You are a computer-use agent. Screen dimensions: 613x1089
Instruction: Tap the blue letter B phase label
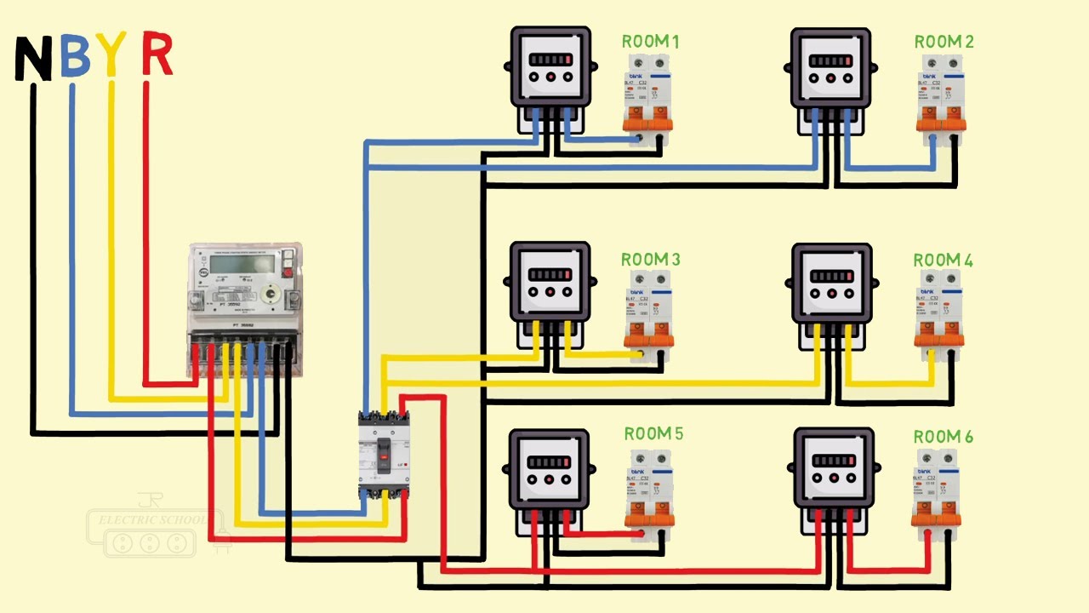click(76, 56)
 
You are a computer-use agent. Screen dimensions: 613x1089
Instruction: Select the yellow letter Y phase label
click(111, 54)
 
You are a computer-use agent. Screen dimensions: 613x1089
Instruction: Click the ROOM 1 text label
click(651, 42)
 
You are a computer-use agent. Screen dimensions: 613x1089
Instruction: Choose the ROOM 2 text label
click(944, 42)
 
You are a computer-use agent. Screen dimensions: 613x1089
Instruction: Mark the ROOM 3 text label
click(651, 259)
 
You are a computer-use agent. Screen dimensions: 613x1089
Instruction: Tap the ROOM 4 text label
click(944, 260)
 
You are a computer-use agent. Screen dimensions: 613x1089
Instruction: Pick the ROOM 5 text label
click(653, 434)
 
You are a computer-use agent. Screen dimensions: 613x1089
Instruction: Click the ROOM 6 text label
click(944, 437)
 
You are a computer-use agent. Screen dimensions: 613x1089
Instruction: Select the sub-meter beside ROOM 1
click(550, 68)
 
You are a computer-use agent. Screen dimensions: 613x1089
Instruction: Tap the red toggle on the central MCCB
click(384, 459)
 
